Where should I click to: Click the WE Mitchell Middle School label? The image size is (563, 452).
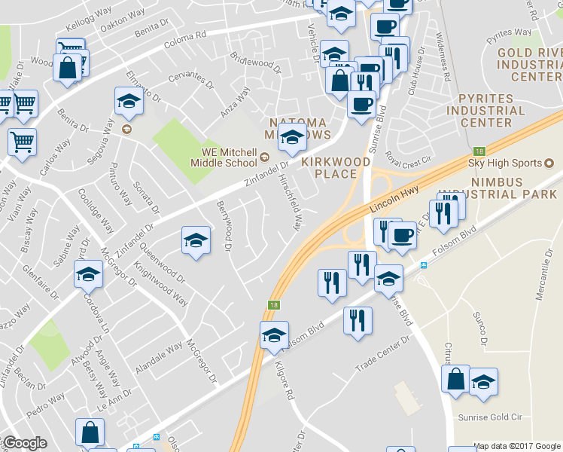(224, 156)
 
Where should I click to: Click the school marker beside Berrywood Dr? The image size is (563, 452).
(196, 241)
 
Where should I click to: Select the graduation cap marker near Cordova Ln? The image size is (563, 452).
(89, 274)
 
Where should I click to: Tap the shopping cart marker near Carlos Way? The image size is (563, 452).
(22, 140)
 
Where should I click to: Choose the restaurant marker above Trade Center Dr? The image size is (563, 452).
(358, 320)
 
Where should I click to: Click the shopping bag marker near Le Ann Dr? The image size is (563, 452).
(90, 433)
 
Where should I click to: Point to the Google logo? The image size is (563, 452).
(25, 443)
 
